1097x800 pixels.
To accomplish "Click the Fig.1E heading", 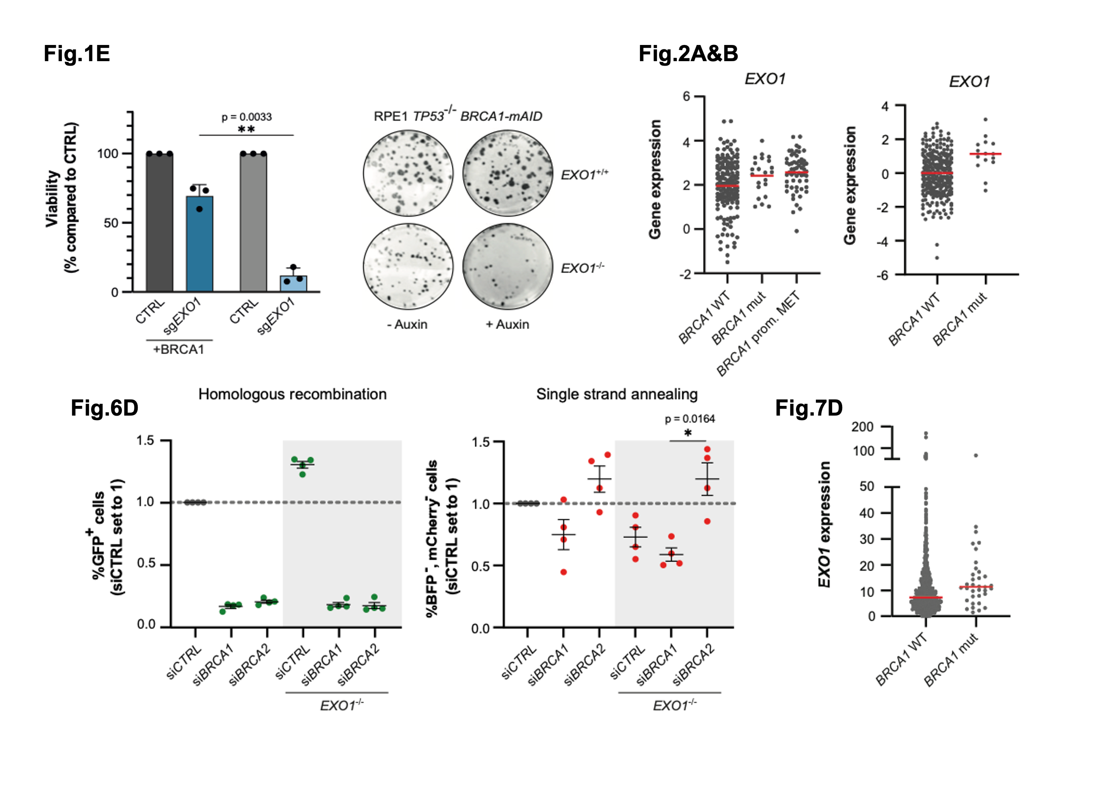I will [x=77, y=53].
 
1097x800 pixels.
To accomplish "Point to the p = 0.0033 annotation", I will [x=247, y=117].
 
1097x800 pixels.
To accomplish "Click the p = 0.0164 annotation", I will [x=690, y=419].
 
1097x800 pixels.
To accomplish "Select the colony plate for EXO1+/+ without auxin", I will [x=408, y=173].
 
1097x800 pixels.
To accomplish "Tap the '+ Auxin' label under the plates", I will [x=507, y=324].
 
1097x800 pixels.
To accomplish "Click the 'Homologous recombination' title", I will [x=292, y=394].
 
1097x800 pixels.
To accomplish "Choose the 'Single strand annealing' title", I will [x=617, y=394].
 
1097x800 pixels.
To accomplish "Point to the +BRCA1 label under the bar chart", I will [x=179, y=350].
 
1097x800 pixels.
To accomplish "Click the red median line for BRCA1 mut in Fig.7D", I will [x=976, y=587].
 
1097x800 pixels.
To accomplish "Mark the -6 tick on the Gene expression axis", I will [x=882, y=275].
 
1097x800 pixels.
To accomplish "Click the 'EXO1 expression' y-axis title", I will [x=824, y=524].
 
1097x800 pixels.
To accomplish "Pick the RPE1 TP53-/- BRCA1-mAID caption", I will [x=458, y=116].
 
